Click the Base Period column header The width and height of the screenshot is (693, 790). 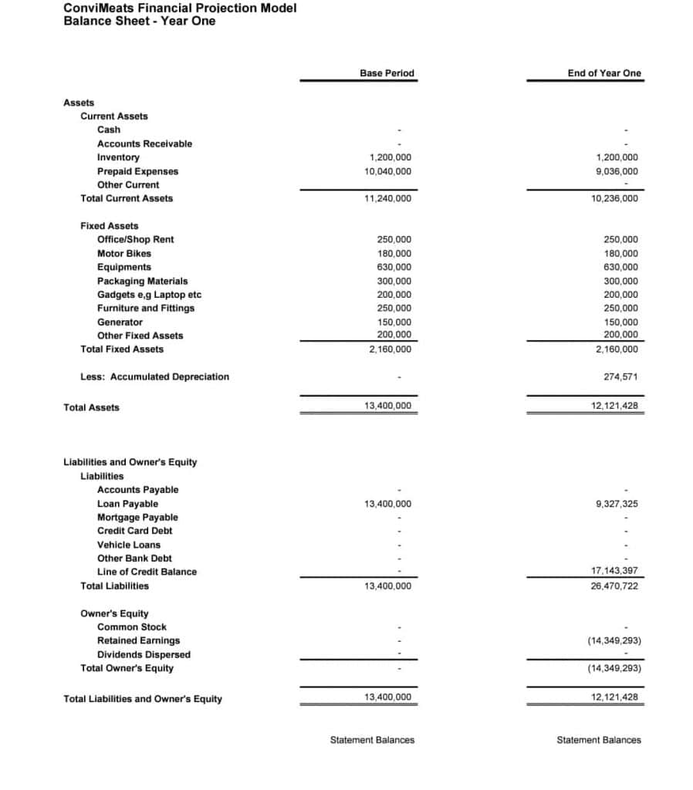click(387, 73)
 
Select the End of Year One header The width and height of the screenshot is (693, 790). click(603, 73)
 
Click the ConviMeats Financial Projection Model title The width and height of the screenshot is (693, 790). click(180, 8)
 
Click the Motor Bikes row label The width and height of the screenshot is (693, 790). click(124, 253)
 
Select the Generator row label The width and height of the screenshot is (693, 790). click(120, 322)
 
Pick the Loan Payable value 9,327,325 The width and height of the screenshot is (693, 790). click(617, 504)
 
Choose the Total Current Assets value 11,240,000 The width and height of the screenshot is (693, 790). click(387, 198)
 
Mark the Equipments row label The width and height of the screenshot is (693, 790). click(124, 267)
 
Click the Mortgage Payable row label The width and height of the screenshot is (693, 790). click(137, 517)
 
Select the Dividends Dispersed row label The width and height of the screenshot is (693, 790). click(144, 654)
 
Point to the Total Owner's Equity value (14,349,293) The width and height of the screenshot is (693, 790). click(614, 668)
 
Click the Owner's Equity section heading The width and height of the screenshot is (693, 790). click(114, 613)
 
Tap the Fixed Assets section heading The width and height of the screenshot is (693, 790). click(110, 226)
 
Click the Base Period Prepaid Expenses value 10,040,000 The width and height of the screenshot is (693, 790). click(387, 171)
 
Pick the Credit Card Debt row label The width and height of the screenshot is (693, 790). click(135, 531)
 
